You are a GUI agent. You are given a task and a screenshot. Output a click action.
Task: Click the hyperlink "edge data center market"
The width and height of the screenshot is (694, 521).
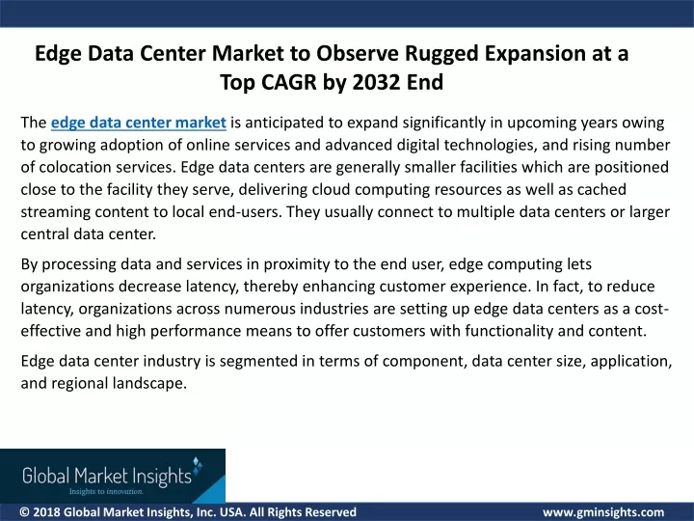tap(139, 123)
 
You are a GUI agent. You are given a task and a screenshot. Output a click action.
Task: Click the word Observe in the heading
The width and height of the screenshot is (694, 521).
tap(358, 53)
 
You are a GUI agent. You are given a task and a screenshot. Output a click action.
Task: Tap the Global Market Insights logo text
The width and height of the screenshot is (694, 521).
tap(107, 476)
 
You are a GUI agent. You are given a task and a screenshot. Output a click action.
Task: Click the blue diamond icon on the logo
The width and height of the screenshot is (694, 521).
tap(198, 464)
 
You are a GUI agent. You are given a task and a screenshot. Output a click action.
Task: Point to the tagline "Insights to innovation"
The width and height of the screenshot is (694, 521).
tap(106, 491)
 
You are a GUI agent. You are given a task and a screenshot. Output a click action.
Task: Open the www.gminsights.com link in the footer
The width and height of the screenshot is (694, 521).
tap(603, 512)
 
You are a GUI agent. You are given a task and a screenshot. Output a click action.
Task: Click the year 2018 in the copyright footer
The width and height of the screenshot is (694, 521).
tap(46, 512)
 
